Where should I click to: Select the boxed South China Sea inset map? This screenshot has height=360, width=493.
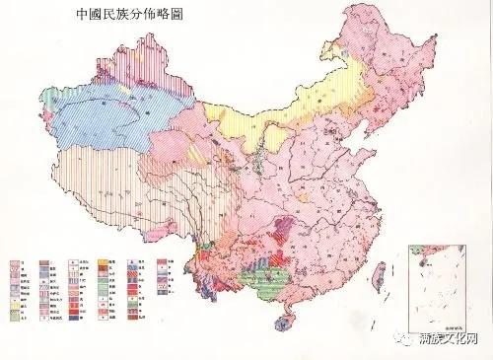443,286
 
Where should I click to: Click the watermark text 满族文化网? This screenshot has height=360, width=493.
451,339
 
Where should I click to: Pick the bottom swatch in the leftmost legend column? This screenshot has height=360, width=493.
14,323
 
